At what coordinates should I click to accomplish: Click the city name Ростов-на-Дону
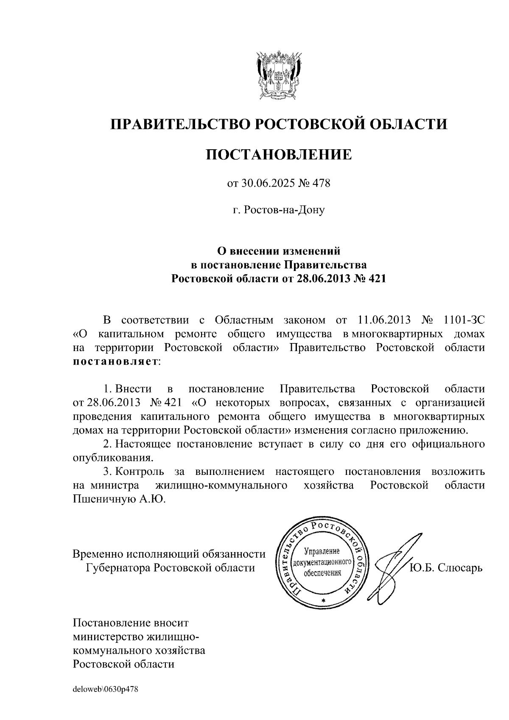(279, 210)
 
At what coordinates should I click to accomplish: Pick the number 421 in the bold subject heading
(377, 279)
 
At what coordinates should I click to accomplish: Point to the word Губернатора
(117, 568)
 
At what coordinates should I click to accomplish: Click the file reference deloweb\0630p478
(106, 689)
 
